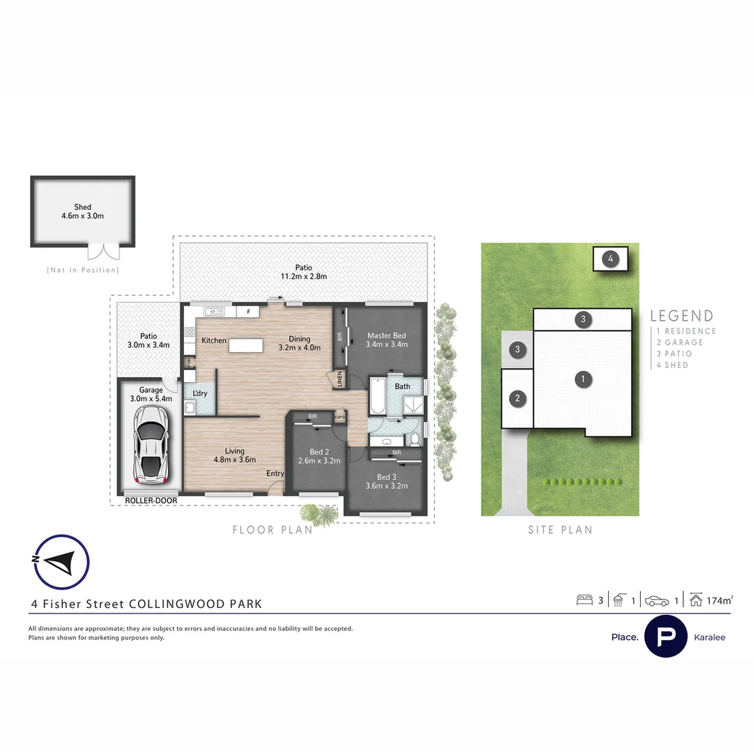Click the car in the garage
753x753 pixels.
151,444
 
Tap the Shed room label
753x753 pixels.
83,211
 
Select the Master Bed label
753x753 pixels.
386,340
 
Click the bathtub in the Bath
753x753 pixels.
376,395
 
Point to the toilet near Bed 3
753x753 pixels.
414,438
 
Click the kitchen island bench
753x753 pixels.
247,345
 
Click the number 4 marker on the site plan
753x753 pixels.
610,259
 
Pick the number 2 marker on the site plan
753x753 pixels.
517,399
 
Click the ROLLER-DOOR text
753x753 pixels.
151,501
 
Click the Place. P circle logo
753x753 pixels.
666,637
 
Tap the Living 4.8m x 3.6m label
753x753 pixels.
235,455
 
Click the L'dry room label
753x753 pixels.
200,394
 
